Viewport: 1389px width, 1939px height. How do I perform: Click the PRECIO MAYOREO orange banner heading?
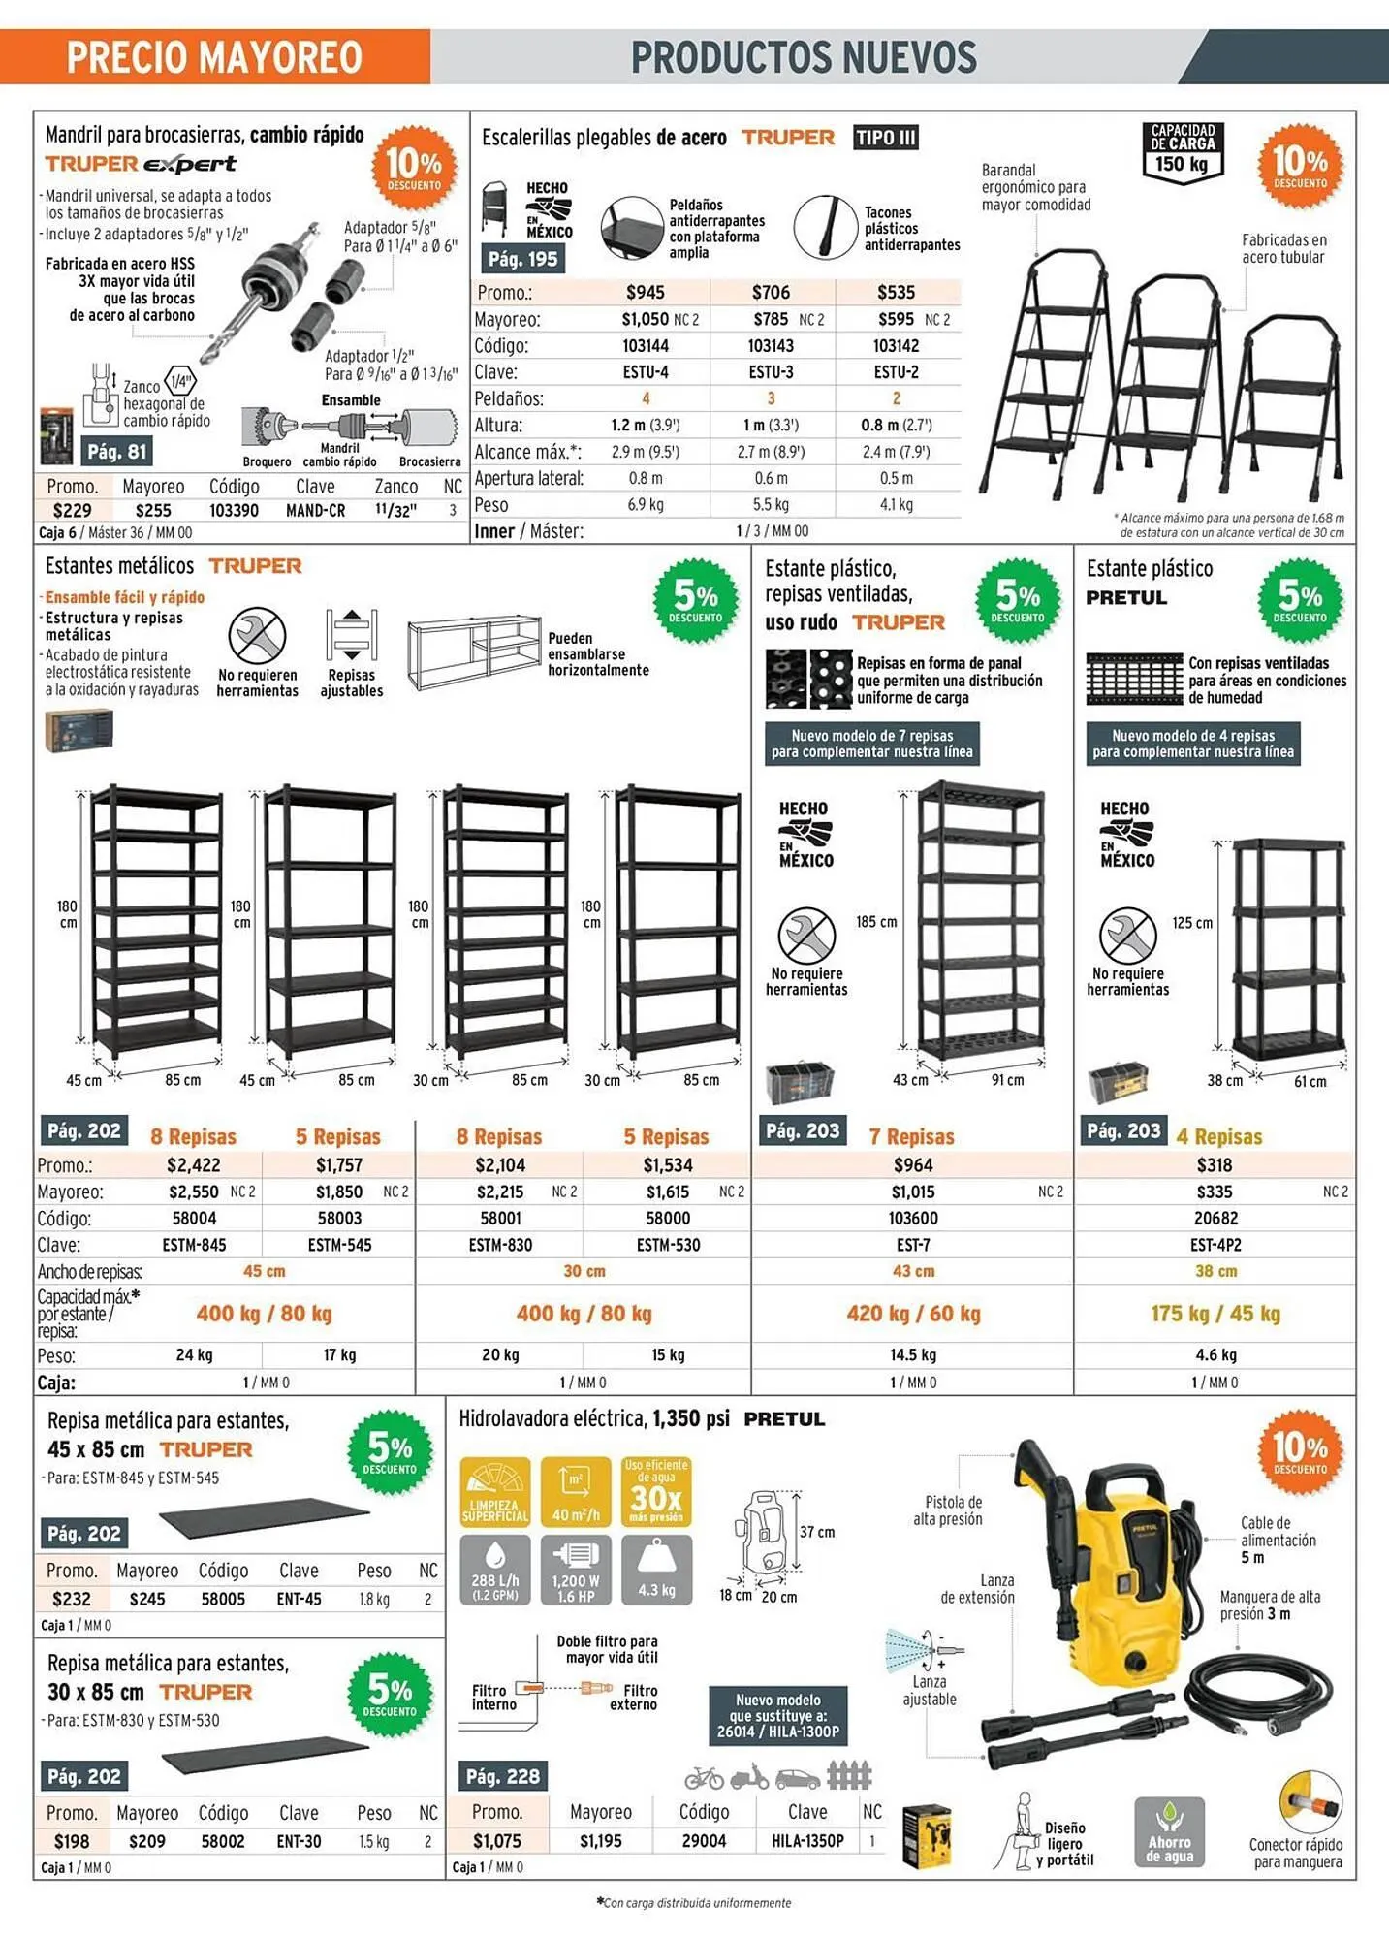click(214, 57)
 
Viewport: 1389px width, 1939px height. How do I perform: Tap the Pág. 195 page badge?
click(522, 259)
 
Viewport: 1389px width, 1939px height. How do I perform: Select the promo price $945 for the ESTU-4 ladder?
click(646, 292)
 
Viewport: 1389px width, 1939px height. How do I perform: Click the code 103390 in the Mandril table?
click(234, 510)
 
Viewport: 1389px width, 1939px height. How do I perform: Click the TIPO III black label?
click(886, 138)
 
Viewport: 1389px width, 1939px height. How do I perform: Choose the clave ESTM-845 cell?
click(195, 1245)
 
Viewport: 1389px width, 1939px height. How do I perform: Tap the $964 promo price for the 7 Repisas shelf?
click(913, 1164)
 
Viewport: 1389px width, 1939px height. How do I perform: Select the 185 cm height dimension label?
click(876, 922)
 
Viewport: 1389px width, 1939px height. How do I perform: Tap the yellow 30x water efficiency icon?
click(656, 1492)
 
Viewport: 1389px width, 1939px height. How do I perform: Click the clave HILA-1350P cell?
click(807, 1841)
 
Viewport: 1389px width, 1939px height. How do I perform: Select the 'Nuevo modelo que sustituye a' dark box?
click(779, 1716)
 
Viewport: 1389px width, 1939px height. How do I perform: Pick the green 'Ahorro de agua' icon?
click(1169, 1832)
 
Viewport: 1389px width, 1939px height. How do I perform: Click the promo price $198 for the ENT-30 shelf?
click(72, 1841)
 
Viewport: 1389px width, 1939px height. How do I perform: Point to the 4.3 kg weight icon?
click(656, 1570)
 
